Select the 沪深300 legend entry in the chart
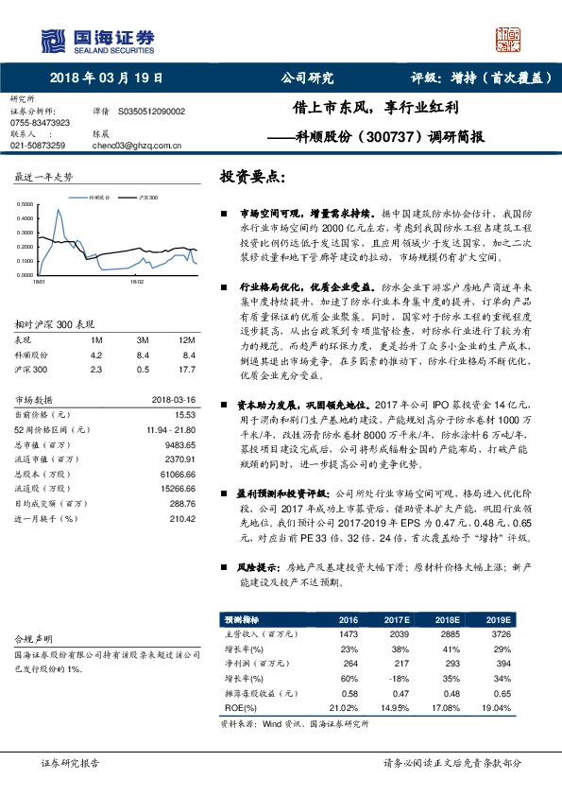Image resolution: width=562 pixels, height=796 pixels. [146, 199]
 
